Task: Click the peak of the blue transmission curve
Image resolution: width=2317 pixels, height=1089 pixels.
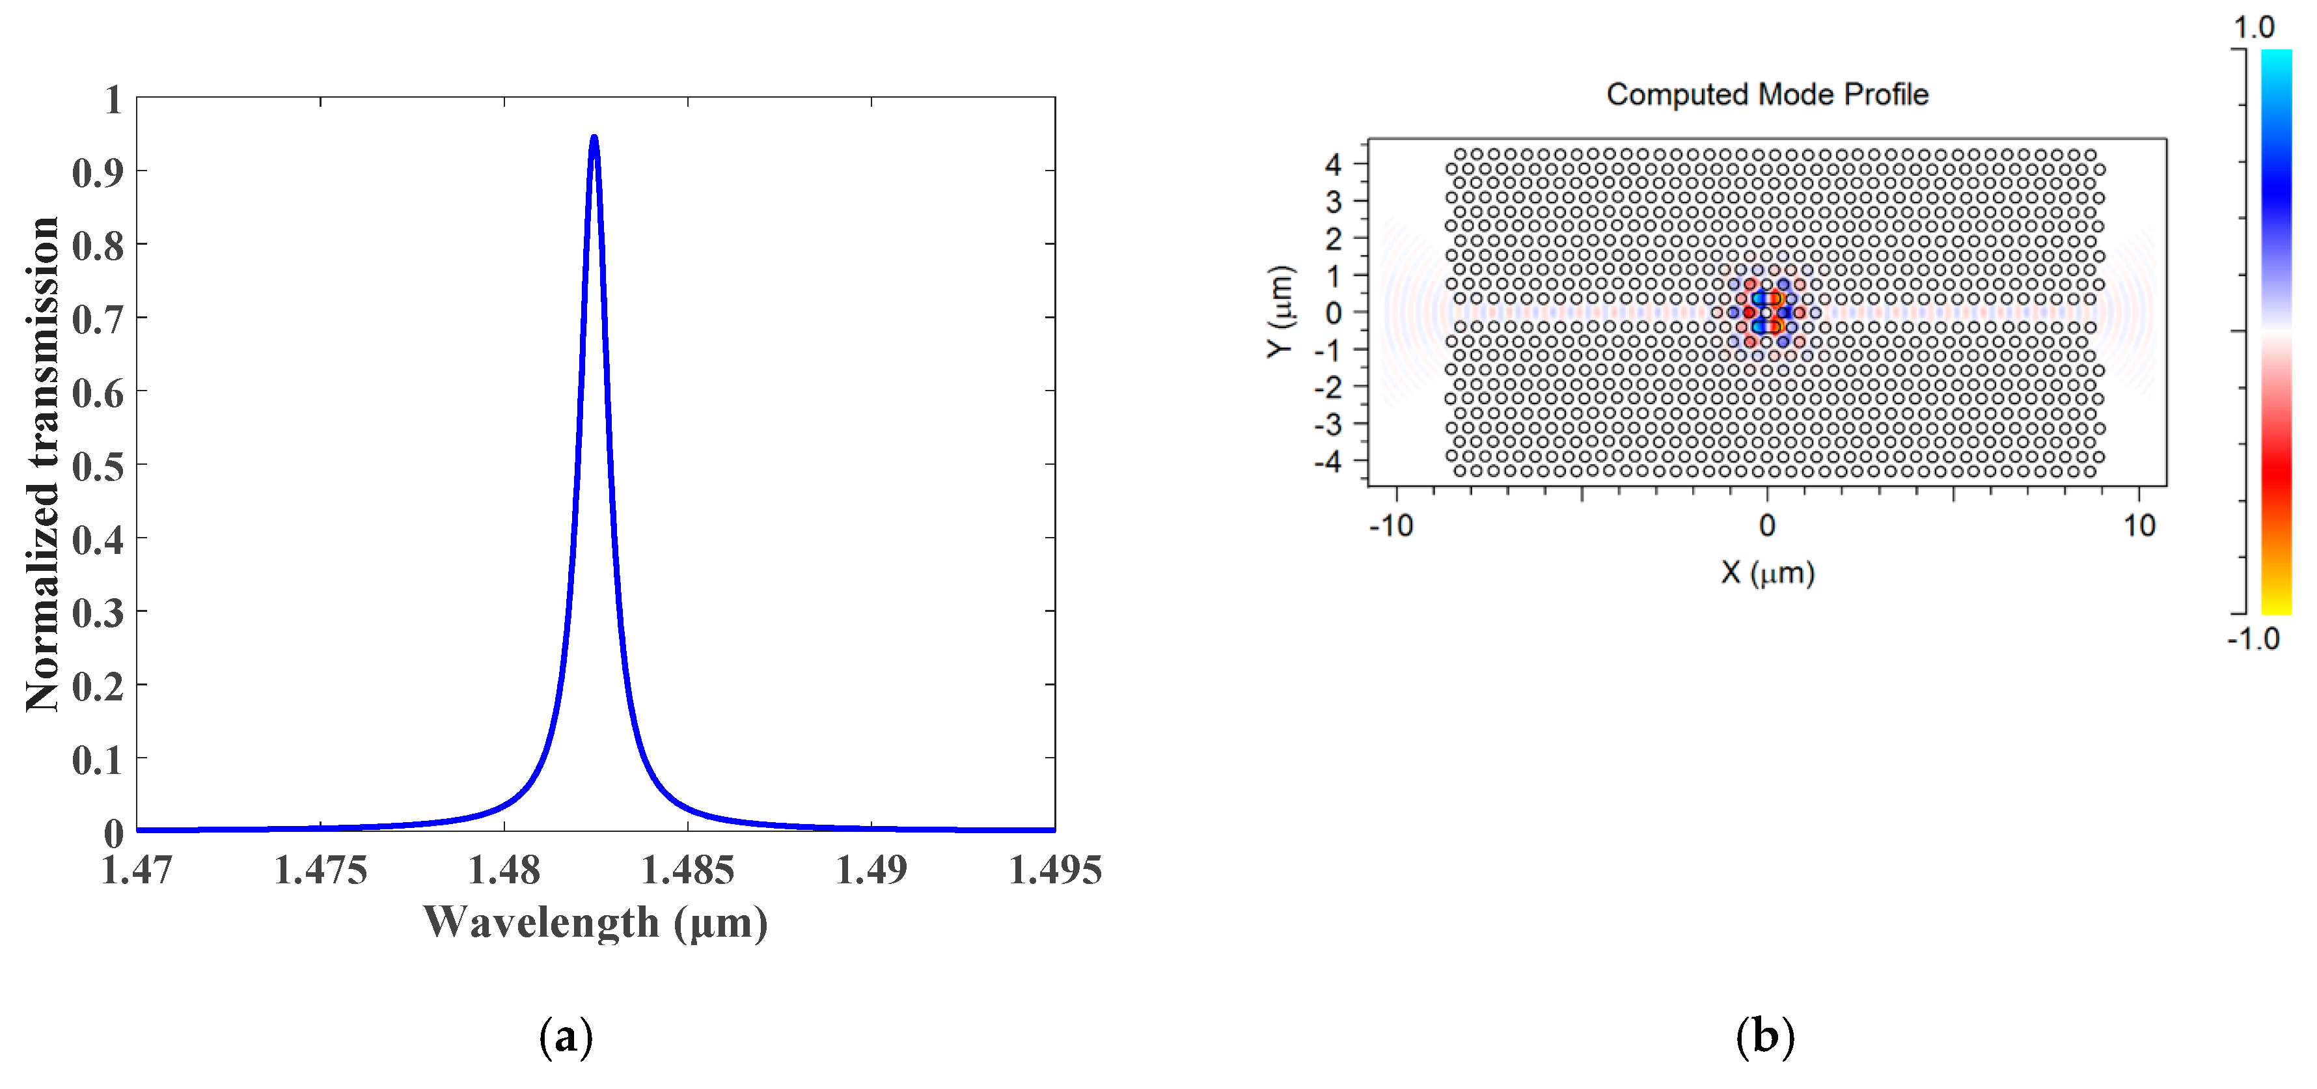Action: tap(594, 137)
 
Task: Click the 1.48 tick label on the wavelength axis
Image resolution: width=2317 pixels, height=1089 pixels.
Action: tap(504, 870)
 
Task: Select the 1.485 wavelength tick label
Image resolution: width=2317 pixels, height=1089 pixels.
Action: tap(687, 870)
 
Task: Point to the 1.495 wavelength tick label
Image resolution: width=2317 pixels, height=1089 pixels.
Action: tap(1055, 870)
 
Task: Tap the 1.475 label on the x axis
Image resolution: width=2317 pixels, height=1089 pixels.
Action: tap(320, 870)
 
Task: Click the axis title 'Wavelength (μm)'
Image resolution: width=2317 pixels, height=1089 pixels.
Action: tap(596, 922)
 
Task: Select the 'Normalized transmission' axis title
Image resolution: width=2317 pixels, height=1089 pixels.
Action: tap(42, 465)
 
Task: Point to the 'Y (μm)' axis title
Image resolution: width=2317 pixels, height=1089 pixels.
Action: tap(1280, 312)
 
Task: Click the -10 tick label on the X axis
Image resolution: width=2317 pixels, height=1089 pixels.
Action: tap(1391, 525)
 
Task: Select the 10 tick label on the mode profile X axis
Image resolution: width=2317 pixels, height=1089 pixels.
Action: tap(2139, 525)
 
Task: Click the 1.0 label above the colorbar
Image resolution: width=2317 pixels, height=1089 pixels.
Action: tap(2254, 27)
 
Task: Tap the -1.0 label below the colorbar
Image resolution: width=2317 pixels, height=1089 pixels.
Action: tap(2253, 639)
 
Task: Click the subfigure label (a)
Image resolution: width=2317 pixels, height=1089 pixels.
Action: tap(566, 1037)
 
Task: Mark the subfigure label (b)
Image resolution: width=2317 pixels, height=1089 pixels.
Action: tap(1764, 1037)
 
